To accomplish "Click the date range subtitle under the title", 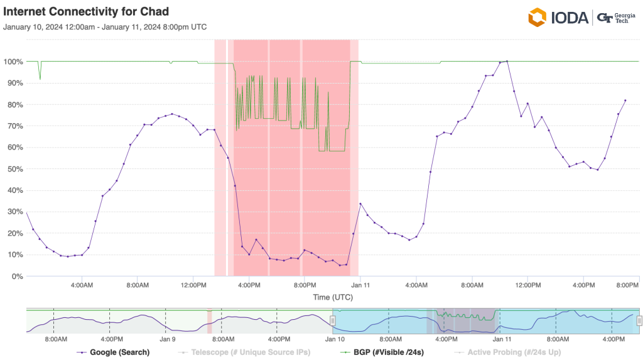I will point(105,27).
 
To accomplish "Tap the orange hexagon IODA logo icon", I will point(538,18).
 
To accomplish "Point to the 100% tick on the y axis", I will point(13,62).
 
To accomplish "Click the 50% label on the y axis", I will point(15,169).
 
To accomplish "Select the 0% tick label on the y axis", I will point(17,276).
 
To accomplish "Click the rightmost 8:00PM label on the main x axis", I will point(628,285).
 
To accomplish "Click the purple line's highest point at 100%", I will point(507,62).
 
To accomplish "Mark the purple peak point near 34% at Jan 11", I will point(360,204).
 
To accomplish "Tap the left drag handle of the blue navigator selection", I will point(333,320).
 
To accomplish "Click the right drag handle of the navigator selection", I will point(639,320).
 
